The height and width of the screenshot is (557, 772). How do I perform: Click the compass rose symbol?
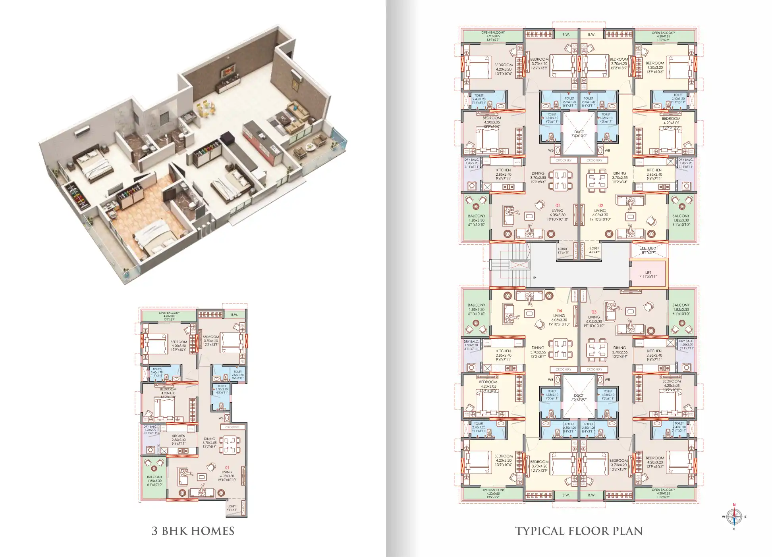[x=734, y=517]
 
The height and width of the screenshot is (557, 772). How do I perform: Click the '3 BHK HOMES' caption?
[x=193, y=531]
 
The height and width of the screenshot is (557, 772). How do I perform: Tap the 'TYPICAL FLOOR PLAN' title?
[x=579, y=531]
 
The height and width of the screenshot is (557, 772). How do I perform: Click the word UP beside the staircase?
[x=533, y=278]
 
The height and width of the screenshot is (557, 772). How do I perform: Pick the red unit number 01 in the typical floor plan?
[x=558, y=206]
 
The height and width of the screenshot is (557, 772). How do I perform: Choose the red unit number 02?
[x=600, y=206]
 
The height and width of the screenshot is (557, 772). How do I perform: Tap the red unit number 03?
[x=594, y=312]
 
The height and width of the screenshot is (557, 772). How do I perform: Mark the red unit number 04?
[x=559, y=311]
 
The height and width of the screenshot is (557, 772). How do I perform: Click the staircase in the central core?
[x=510, y=265]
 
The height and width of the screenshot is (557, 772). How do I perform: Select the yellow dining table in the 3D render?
[x=205, y=108]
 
